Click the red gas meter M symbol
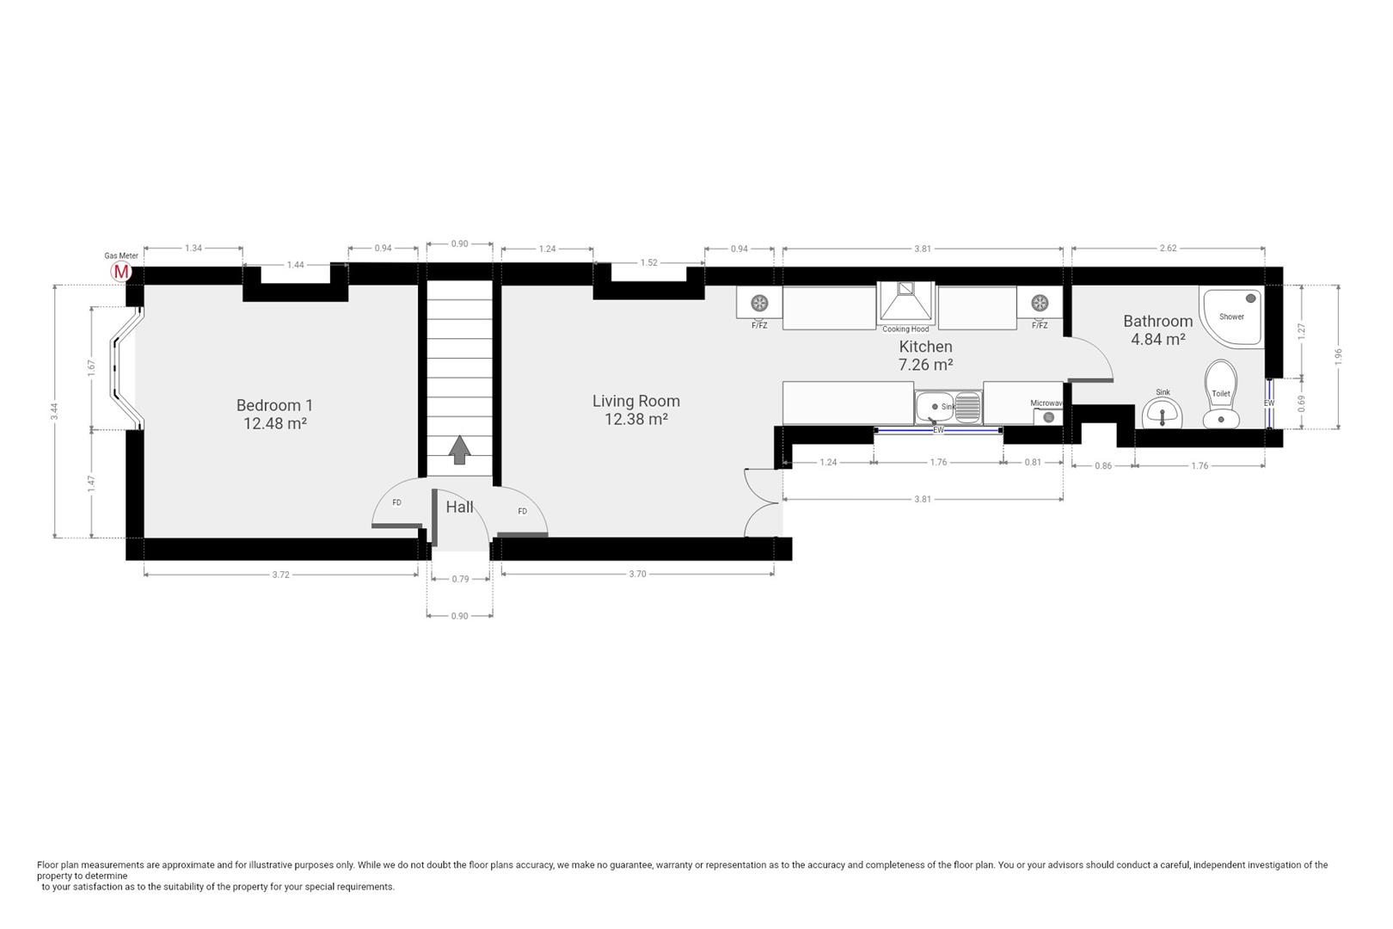pyautogui.click(x=120, y=271)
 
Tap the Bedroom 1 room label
pyautogui.click(x=274, y=405)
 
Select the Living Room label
pyautogui.click(x=635, y=402)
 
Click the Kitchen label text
pyautogui.click(x=925, y=347)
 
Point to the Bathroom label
pyautogui.click(x=1157, y=321)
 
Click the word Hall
pyautogui.click(x=459, y=508)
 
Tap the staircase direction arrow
pyautogui.click(x=459, y=450)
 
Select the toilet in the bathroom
pyautogui.click(x=1221, y=395)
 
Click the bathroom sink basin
pyautogui.click(x=1163, y=412)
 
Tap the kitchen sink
pyautogui.click(x=948, y=407)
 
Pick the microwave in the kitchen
pyautogui.click(x=1048, y=416)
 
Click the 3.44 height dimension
pyautogui.click(x=55, y=411)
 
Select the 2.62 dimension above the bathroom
pyautogui.click(x=1168, y=249)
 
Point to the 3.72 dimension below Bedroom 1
pyautogui.click(x=280, y=575)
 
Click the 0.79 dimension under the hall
pyautogui.click(x=460, y=579)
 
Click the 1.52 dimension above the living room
pyautogui.click(x=648, y=262)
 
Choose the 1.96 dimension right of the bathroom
pyautogui.click(x=1338, y=356)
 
